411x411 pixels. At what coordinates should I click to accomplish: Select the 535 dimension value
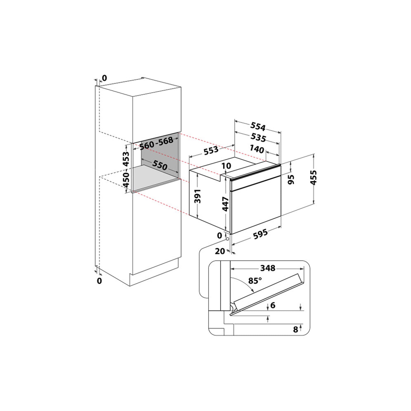[258, 137]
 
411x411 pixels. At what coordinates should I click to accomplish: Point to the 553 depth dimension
[211, 151]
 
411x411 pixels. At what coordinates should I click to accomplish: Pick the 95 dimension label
[292, 179]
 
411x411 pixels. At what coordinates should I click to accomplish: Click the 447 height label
[226, 204]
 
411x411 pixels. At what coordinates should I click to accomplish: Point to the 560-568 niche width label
[156, 143]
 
